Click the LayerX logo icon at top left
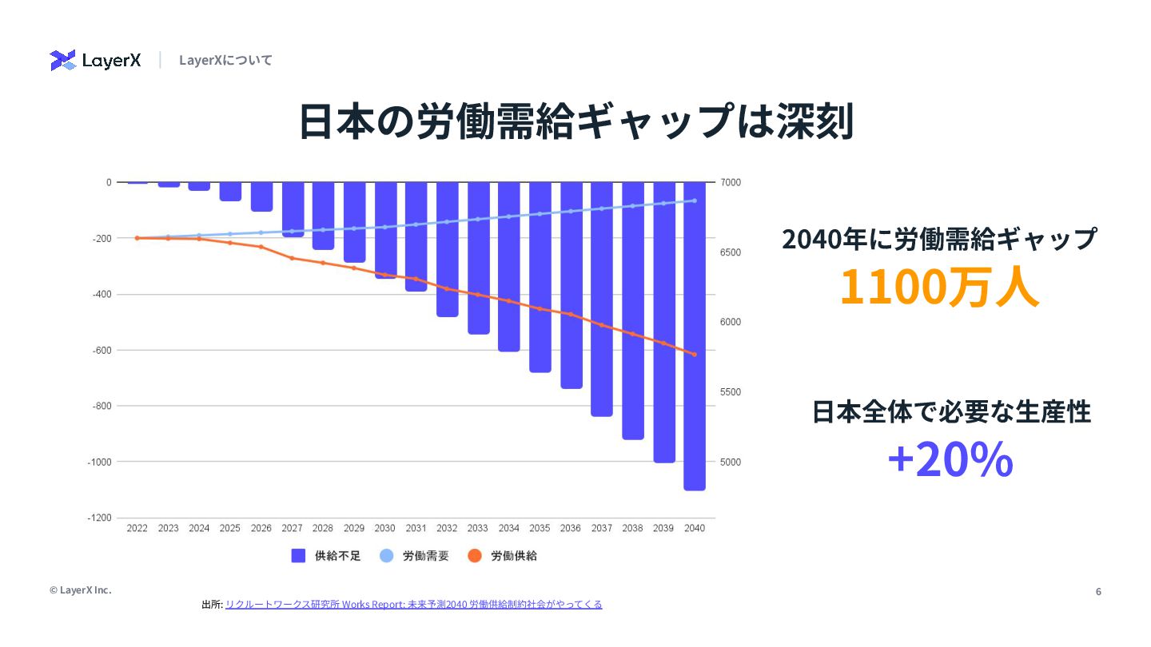point(62,60)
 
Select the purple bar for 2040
point(695,335)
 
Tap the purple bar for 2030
point(385,230)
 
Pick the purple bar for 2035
point(540,276)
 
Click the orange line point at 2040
point(695,354)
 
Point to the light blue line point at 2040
point(695,200)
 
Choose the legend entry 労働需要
point(414,556)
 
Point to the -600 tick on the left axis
point(101,350)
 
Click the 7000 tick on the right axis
point(731,182)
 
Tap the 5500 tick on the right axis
point(731,392)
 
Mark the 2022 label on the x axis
point(137,528)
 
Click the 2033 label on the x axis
point(477,528)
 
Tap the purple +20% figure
point(950,460)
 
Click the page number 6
point(1098,591)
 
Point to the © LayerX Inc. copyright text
point(80,589)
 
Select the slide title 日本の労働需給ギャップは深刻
point(575,121)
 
